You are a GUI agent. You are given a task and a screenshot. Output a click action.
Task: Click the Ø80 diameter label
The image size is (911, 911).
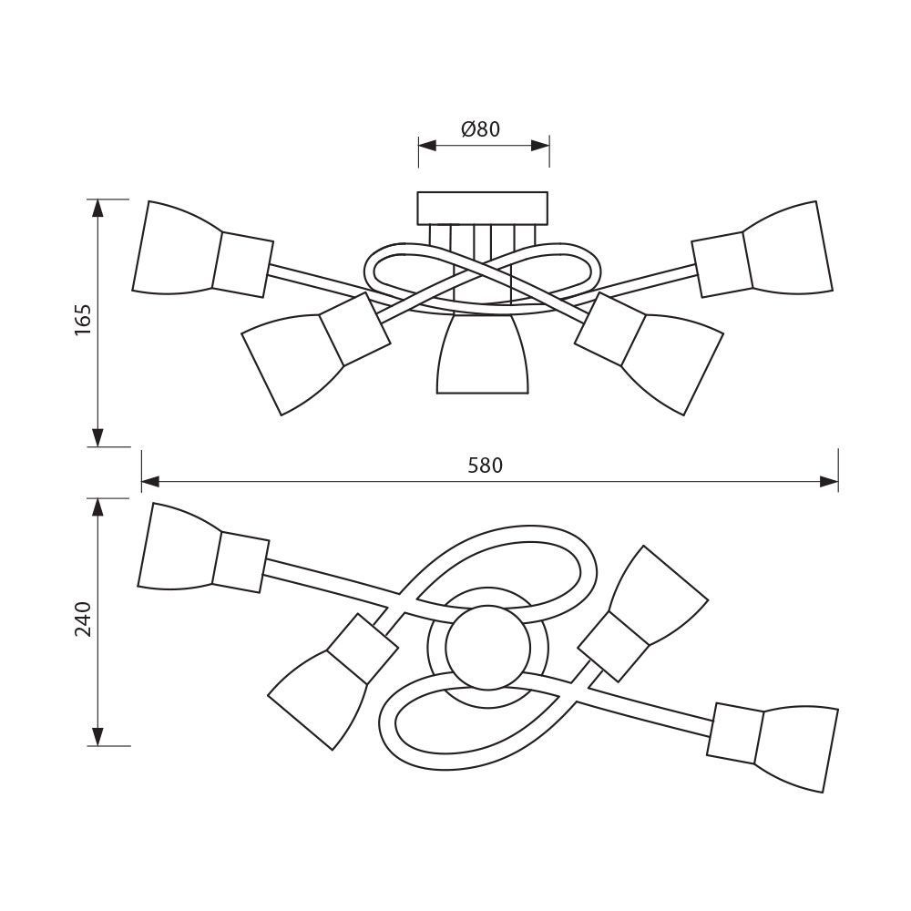coord(480,128)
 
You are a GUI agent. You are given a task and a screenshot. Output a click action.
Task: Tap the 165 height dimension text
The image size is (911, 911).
coord(83,320)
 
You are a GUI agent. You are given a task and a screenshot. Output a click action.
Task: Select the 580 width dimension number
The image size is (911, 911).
coord(486,466)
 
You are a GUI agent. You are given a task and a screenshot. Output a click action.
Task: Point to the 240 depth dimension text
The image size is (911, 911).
coord(83,619)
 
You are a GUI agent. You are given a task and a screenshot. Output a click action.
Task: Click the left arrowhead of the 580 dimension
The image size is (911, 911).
coord(150,482)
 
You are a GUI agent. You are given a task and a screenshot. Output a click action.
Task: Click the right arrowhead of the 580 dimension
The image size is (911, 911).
coord(829,482)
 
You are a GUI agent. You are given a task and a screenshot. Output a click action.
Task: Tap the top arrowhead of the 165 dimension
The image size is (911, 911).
coord(97,209)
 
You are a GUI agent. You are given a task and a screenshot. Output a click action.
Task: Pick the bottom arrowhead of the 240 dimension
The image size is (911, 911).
coord(97,736)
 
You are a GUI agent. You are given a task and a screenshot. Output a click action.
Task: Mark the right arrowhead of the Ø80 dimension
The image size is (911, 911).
coord(540,145)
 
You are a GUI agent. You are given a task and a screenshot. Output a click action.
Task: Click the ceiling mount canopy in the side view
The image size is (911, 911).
coord(483,208)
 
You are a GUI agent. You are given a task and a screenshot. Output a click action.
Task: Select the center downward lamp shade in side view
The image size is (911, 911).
coord(483,354)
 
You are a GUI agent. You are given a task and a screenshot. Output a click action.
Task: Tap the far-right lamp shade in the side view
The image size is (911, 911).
coord(788,247)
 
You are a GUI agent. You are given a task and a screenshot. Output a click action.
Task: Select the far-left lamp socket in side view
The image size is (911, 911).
coord(242,265)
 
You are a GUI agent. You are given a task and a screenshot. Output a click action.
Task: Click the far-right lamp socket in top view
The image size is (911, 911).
coord(735,732)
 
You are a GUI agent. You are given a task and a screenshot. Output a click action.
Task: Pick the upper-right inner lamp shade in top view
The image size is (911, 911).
coord(658,595)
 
